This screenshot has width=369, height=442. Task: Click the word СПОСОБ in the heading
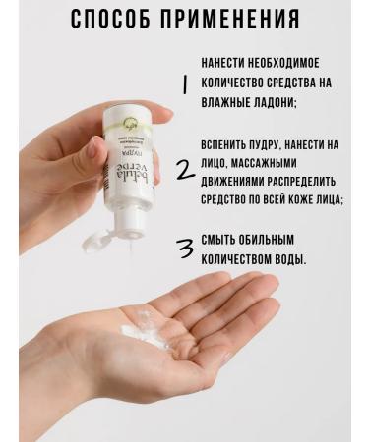tap(115, 21)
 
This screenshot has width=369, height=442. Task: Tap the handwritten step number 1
tap(184, 84)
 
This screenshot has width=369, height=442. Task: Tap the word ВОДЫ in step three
tap(291, 260)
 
